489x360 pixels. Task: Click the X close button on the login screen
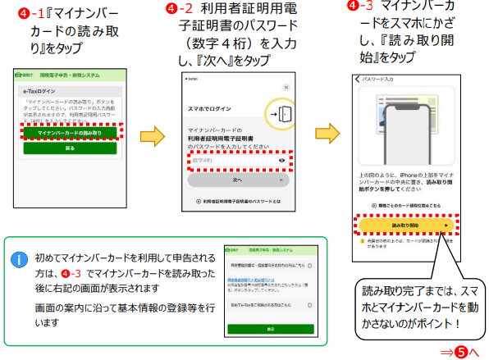click(x=285, y=85)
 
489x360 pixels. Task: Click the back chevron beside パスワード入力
click(x=358, y=79)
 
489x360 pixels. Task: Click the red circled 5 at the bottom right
click(x=462, y=350)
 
